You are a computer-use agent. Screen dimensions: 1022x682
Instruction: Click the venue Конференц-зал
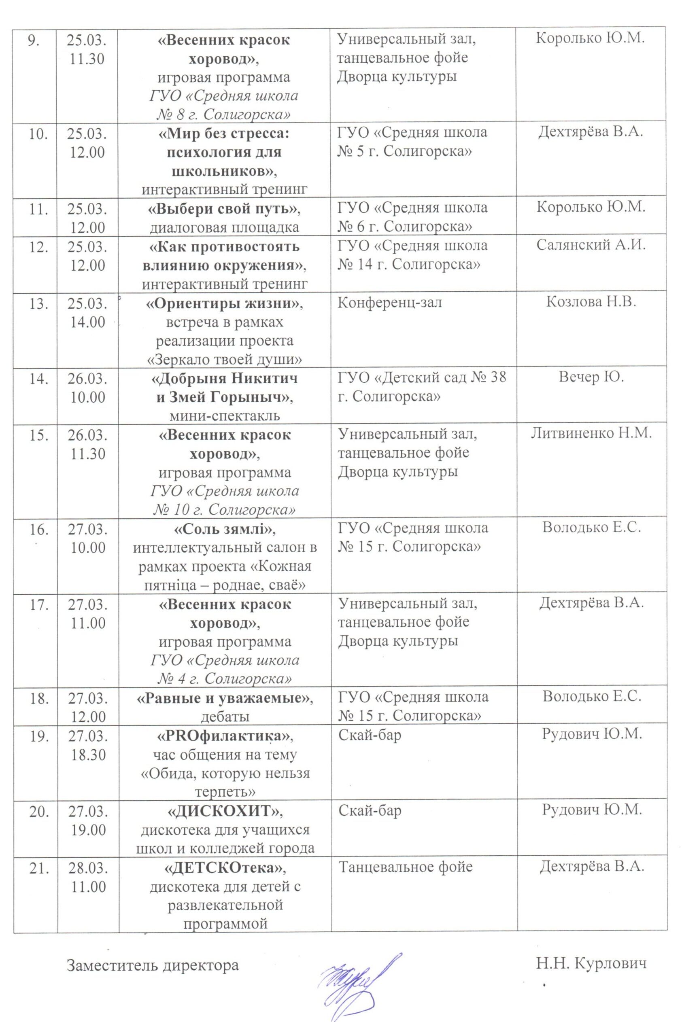pos(390,303)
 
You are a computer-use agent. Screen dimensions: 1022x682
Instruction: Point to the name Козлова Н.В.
pos(591,303)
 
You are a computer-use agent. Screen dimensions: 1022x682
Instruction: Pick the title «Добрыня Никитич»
pos(225,379)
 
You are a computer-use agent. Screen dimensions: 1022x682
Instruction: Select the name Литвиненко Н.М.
pos(591,434)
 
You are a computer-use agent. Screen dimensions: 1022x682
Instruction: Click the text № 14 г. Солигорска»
pos(409,265)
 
